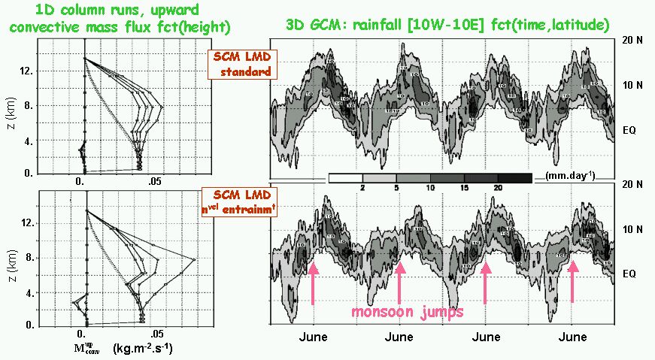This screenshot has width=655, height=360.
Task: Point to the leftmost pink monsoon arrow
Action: tap(313, 282)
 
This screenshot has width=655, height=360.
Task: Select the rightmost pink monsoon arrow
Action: tap(572, 282)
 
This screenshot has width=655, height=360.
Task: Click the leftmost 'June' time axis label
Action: tap(312, 337)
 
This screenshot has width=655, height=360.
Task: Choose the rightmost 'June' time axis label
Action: tap(574, 337)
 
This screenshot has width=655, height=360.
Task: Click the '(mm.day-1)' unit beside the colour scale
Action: tap(567, 177)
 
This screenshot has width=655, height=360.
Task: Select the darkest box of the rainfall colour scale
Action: tap(518, 178)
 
